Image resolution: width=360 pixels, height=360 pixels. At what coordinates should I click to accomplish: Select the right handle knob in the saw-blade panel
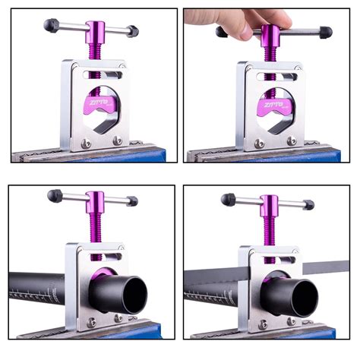click(308, 205)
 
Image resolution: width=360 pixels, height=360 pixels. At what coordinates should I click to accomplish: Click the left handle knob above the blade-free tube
click(53, 196)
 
